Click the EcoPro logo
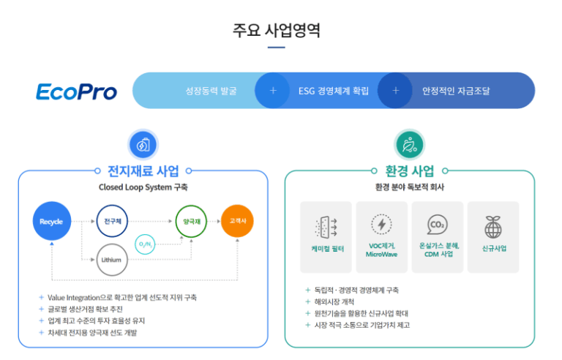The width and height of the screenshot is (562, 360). [76, 91]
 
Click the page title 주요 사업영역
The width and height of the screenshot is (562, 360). [277, 30]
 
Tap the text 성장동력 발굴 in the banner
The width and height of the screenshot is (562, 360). [211, 91]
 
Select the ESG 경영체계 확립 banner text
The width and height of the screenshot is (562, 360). [334, 91]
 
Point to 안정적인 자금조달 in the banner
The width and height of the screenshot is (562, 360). [456, 91]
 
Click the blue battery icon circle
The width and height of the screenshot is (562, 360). [143, 145]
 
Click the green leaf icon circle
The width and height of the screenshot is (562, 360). [410, 144]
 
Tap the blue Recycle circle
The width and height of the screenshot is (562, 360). [52, 221]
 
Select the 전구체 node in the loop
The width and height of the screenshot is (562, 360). [112, 221]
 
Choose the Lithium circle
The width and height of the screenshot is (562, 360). [112, 260]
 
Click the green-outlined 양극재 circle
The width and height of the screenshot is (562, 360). [191, 221]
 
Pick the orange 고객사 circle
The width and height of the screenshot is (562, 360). [237, 221]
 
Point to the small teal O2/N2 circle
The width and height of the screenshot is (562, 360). [145, 244]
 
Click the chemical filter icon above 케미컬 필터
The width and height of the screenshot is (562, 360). [326, 228]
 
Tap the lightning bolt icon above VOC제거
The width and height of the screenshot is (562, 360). [381, 225]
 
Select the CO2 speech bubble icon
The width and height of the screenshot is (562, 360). [438, 225]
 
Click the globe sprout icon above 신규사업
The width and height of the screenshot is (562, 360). [493, 228]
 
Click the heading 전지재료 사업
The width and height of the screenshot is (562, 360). [143, 171]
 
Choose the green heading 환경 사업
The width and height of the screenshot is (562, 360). [410, 171]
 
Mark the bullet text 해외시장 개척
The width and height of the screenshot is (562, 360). [334, 302]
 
